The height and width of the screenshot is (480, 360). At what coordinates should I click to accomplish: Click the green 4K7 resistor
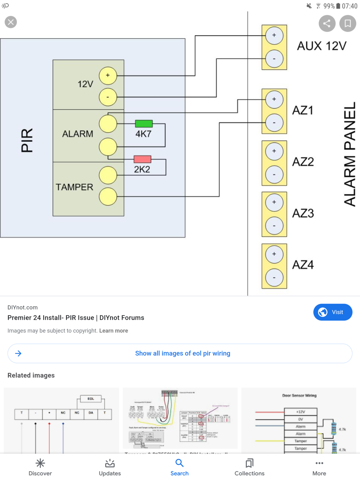click(x=144, y=124)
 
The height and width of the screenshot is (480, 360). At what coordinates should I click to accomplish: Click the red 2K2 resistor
click(x=142, y=159)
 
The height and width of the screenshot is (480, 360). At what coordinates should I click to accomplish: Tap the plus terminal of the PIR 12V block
click(x=108, y=76)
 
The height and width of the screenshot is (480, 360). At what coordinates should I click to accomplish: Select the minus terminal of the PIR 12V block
click(x=108, y=97)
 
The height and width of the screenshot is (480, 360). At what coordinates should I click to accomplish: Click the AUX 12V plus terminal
click(x=274, y=35)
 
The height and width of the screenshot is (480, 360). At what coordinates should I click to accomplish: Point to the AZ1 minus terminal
click(x=274, y=123)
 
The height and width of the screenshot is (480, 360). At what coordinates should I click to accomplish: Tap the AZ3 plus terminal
click(x=274, y=202)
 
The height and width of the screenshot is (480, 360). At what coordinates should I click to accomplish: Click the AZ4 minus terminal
click(x=274, y=277)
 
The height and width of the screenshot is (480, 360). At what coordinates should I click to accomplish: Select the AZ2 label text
click(x=303, y=162)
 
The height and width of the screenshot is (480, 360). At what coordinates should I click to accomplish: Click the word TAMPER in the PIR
click(x=74, y=187)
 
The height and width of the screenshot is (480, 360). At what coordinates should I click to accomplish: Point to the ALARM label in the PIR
click(x=78, y=134)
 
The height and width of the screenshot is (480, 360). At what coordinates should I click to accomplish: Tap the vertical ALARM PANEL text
click(x=350, y=154)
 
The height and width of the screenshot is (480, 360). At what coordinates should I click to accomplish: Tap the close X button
click(x=11, y=22)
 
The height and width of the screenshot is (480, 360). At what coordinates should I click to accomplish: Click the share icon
click(x=327, y=23)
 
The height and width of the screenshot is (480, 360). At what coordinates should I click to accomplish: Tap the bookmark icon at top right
click(x=347, y=23)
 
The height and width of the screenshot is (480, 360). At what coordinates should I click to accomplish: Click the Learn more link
click(x=113, y=331)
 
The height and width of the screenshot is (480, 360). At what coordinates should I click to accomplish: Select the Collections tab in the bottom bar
click(x=249, y=467)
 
